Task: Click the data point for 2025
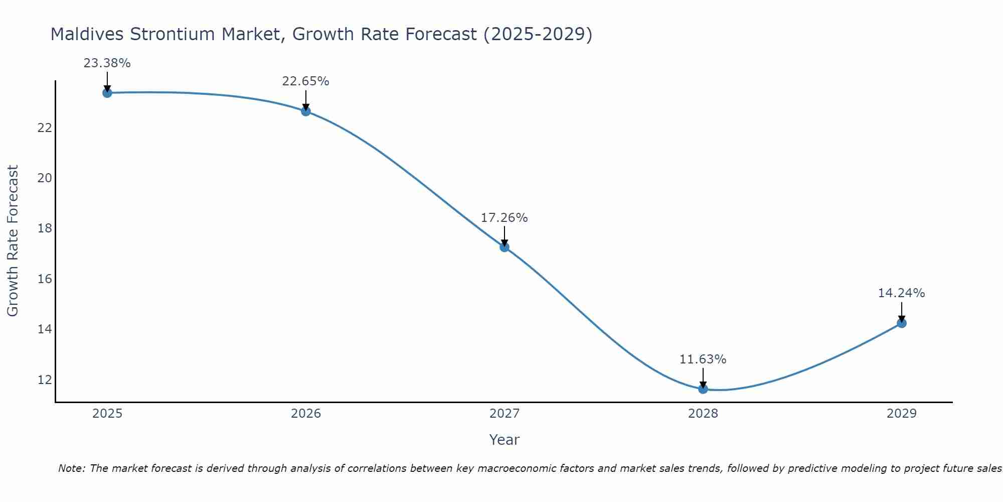107,93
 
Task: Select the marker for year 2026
306,111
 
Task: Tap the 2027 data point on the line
505,247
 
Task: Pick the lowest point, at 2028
703,389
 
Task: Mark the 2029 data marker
902,323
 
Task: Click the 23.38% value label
107,63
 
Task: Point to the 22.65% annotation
305,81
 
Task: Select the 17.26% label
504,218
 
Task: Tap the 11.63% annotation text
703,359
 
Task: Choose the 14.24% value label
901,293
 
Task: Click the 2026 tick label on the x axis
306,414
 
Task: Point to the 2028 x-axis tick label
703,414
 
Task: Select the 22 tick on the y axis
45,128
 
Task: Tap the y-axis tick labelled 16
45,279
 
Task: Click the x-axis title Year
504,440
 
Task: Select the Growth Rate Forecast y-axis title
13,240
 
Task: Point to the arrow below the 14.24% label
902,312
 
